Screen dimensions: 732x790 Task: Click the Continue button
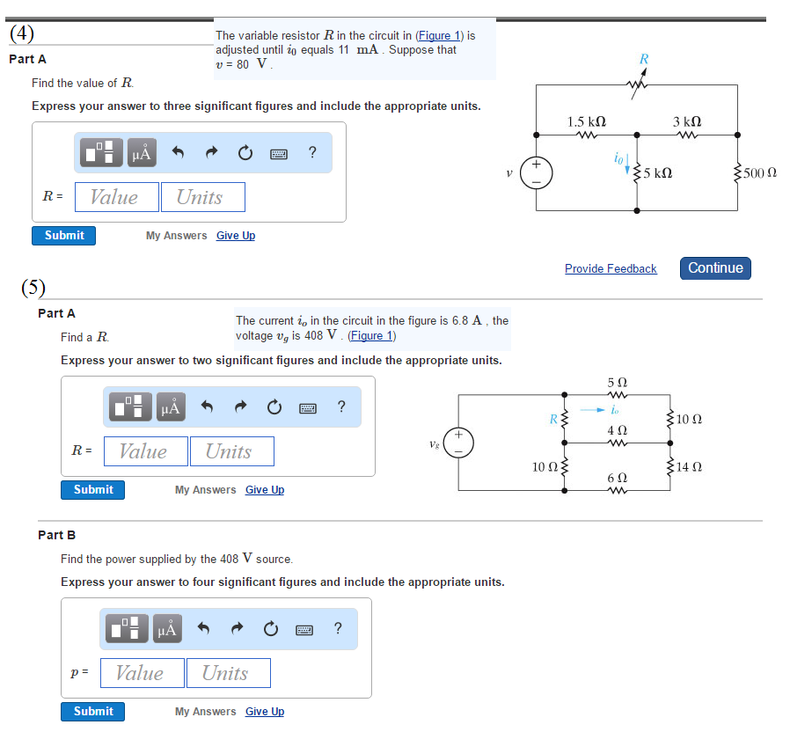click(715, 268)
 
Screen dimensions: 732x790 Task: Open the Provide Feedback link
click(611, 269)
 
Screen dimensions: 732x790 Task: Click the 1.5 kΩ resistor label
click(586, 121)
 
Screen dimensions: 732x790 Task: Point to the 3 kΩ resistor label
click(687, 121)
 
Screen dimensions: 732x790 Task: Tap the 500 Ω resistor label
click(759, 173)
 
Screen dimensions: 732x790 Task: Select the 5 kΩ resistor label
click(658, 173)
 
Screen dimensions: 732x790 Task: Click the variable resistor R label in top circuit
click(644, 59)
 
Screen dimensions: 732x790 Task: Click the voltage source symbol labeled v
click(536, 172)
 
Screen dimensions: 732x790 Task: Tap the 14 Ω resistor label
click(689, 466)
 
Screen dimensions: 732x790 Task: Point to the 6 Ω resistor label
click(617, 477)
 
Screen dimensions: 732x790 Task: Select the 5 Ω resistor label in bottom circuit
click(617, 384)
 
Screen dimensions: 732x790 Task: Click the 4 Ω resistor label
click(617, 430)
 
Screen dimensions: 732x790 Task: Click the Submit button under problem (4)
click(64, 236)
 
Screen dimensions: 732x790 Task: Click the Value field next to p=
click(142, 673)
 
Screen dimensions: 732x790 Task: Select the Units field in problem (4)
click(202, 197)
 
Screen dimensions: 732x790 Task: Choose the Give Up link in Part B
click(265, 712)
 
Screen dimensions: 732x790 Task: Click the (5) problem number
click(33, 288)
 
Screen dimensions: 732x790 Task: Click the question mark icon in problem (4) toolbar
click(312, 153)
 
